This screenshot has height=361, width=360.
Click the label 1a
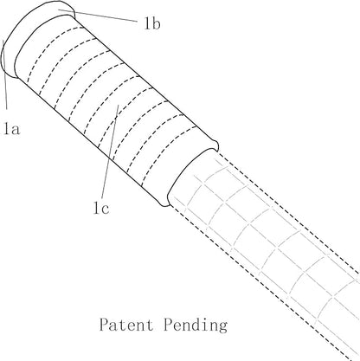12,128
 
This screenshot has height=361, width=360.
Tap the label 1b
152,23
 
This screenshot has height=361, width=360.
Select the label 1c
101,208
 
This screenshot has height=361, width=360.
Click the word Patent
126,325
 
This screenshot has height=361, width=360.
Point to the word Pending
196,326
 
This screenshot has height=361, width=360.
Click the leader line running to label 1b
98,16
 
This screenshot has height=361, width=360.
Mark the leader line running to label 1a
4,74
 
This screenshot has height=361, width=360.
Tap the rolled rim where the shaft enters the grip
192,173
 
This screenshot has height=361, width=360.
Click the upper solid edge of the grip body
145,80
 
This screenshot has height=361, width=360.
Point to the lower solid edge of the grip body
89,140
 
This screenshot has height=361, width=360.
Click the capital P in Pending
169,325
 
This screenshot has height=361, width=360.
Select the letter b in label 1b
156,23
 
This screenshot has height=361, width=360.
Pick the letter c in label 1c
106,210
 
